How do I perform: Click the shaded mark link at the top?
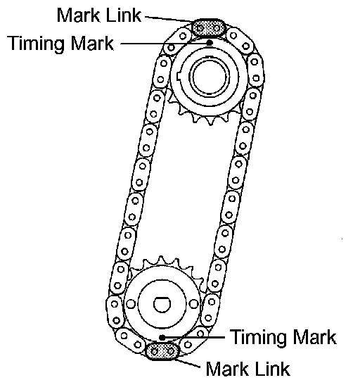tap(209, 28)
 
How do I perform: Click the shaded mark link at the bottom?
tap(162, 351)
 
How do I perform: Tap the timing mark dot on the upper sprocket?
tap(210, 43)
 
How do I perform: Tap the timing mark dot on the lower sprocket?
tap(162, 337)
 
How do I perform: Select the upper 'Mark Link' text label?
tap(98, 15)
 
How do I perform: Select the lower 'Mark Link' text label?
tap(247, 369)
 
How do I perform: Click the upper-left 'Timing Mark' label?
tap(60, 43)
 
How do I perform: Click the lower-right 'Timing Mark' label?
tap(283, 336)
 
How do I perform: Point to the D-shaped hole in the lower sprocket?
tap(162, 304)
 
